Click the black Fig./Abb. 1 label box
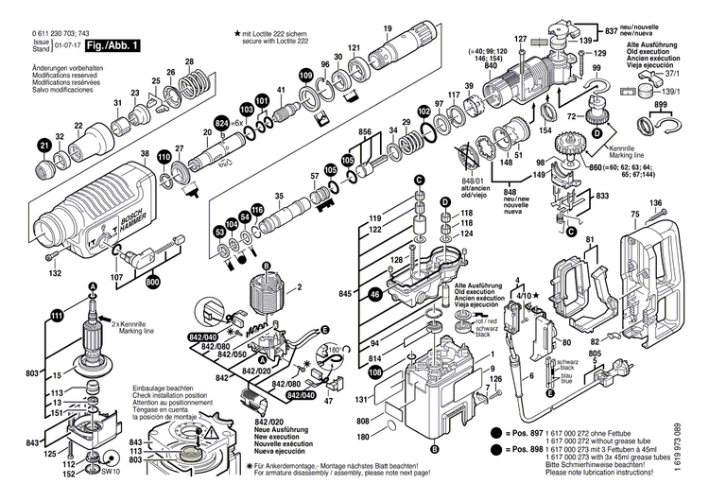click(113, 45)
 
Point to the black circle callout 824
click(222, 123)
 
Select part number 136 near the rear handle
click(655, 203)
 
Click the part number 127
click(520, 39)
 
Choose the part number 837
click(611, 32)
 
